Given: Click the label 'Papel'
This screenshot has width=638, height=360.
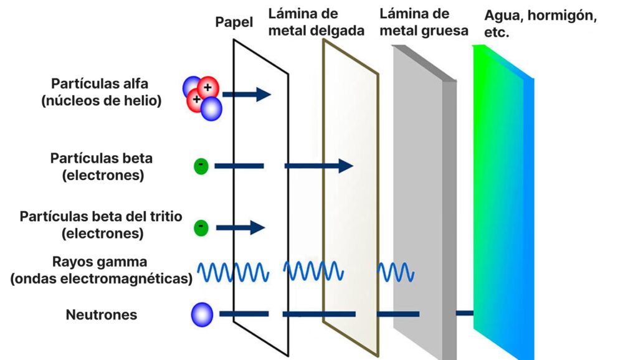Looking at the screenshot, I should click(x=234, y=22).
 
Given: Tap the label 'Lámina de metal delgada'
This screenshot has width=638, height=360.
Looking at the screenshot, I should click(x=316, y=22).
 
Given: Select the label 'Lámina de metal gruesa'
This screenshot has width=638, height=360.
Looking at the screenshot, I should click(x=423, y=22).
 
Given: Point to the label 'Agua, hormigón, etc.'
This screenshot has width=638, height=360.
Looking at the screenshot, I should click(x=540, y=24).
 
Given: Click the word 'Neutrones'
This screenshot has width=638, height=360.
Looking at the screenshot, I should click(x=102, y=315).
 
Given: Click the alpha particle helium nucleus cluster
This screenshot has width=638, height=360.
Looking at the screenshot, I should click(x=202, y=97).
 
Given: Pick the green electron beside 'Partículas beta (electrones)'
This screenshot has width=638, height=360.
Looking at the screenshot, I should click(x=201, y=166).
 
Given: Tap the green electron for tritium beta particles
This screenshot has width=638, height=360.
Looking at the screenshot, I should click(x=201, y=227).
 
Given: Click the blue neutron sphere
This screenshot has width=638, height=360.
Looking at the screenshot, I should click(x=202, y=314).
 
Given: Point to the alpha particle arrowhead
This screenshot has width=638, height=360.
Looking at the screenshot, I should click(x=264, y=95).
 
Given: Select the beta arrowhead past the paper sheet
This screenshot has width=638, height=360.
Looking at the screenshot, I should click(x=346, y=166).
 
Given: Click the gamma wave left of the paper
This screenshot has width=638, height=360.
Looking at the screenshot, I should click(x=233, y=271).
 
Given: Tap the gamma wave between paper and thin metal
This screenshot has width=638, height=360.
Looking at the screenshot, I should click(x=313, y=271).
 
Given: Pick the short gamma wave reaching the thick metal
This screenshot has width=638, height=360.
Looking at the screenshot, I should click(x=395, y=272).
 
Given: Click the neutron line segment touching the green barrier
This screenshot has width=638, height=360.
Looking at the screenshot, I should click(x=465, y=313).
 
